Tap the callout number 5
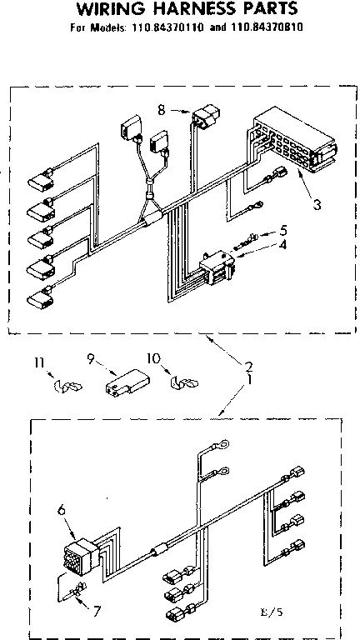[x=283, y=229]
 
